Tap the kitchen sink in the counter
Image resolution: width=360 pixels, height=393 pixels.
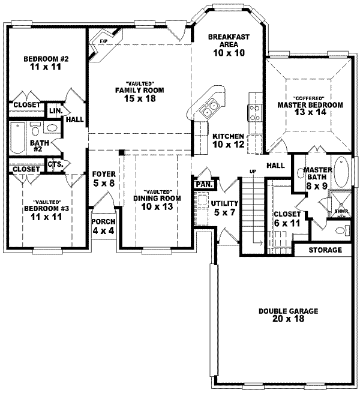coord(209,109)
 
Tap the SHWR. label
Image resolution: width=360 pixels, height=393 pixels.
coord(342,212)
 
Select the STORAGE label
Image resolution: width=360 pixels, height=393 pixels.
coord(325,250)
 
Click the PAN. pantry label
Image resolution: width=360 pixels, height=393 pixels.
coord(202,184)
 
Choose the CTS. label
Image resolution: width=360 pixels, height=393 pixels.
coord(56,164)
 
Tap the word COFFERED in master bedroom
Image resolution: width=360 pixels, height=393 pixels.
coord(310,98)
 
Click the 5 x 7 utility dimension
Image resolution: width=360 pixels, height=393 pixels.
coord(224,212)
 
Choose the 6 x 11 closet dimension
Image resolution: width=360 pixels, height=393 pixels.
coord(286,223)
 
